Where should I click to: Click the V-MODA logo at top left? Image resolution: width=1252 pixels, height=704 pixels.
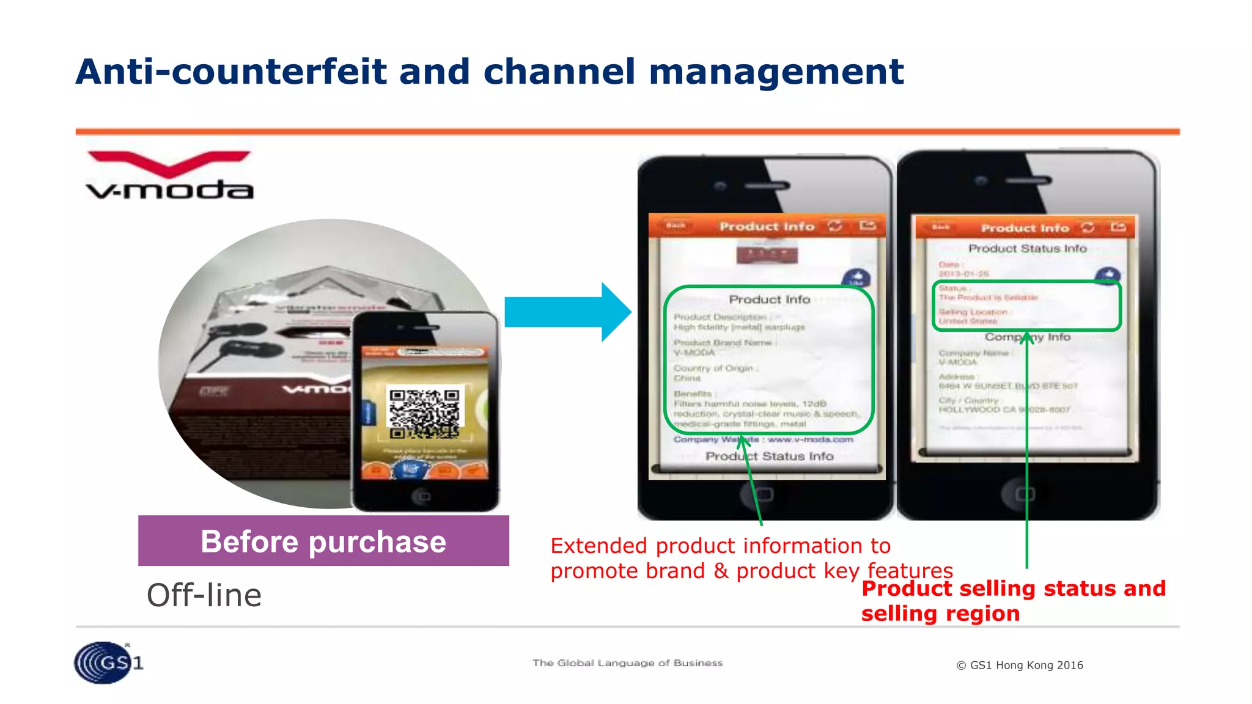(x=169, y=176)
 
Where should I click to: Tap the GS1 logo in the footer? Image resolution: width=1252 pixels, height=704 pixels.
(x=108, y=662)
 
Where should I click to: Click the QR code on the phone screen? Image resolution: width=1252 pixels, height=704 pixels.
(x=425, y=413)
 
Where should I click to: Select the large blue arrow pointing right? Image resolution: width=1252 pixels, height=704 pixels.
(x=567, y=312)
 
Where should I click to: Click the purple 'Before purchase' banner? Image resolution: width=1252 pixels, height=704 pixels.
(x=323, y=541)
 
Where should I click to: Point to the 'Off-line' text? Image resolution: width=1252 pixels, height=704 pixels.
(x=204, y=595)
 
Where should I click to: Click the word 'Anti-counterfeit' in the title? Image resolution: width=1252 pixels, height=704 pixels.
(x=231, y=72)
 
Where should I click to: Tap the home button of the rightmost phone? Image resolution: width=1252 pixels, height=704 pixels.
(x=1025, y=493)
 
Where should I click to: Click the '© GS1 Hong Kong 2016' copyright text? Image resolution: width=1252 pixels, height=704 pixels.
(x=1020, y=665)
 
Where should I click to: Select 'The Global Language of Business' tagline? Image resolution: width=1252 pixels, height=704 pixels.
(x=627, y=663)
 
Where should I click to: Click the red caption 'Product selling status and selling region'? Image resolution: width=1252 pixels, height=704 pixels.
(x=1013, y=601)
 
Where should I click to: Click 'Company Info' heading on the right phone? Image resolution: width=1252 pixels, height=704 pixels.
(x=1027, y=337)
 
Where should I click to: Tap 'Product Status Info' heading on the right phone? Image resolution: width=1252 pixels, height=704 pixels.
(x=1027, y=249)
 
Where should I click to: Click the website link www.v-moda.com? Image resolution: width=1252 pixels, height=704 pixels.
(x=810, y=439)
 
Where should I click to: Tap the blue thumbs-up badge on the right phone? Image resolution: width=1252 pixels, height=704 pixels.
(x=1108, y=275)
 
